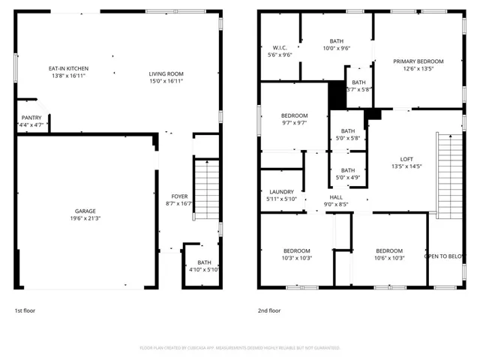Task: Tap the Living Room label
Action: point(166,77)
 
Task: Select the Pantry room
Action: point(31,121)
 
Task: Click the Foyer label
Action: point(179,199)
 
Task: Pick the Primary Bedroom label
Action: point(418,64)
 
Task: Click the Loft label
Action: point(406,162)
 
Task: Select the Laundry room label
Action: point(282,195)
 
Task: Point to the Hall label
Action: point(336,200)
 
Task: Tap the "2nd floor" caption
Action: point(268,310)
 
